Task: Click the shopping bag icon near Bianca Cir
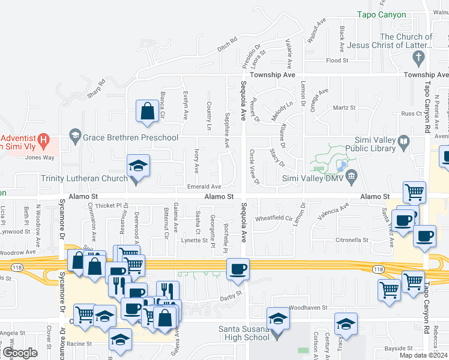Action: click(x=148, y=111)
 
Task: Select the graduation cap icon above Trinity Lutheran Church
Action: click(x=138, y=166)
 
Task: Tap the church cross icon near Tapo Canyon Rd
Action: click(x=419, y=58)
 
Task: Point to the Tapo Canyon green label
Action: click(x=382, y=15)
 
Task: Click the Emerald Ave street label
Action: click(x=204, y=187)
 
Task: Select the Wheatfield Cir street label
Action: click(x=273, y=218)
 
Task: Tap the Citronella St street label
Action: click(x=352, y=240)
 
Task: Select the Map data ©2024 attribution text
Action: click(x=423, y=355)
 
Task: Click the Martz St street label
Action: click(x=344, y=108)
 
